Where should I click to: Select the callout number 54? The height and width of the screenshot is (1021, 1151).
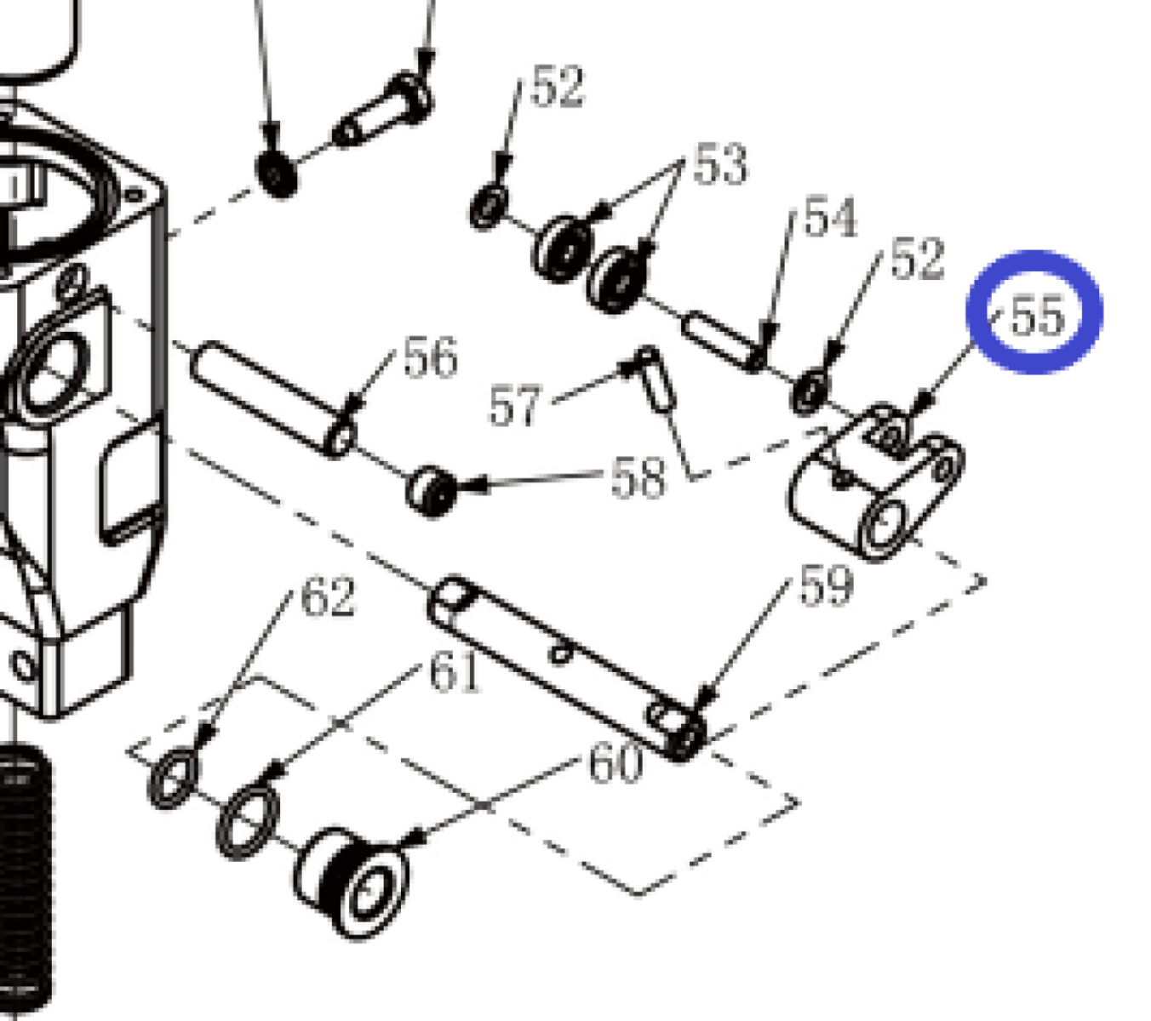coord(830,217)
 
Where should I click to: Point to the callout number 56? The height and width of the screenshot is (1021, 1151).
coord(430,357)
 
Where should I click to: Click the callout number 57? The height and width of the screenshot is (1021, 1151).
coord(514,405)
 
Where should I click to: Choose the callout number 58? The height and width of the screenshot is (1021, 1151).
coord(637,478)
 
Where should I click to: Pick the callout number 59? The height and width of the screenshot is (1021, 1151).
coord(826,585)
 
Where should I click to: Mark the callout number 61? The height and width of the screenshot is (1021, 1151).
coord(454,672)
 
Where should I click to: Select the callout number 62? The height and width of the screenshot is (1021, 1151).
coord(328,596)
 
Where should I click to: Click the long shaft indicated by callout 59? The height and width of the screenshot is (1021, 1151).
coord(566,668)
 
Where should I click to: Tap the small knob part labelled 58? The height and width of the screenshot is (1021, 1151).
coord(430,492)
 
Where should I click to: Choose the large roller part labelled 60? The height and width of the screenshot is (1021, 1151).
coord(352,883)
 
